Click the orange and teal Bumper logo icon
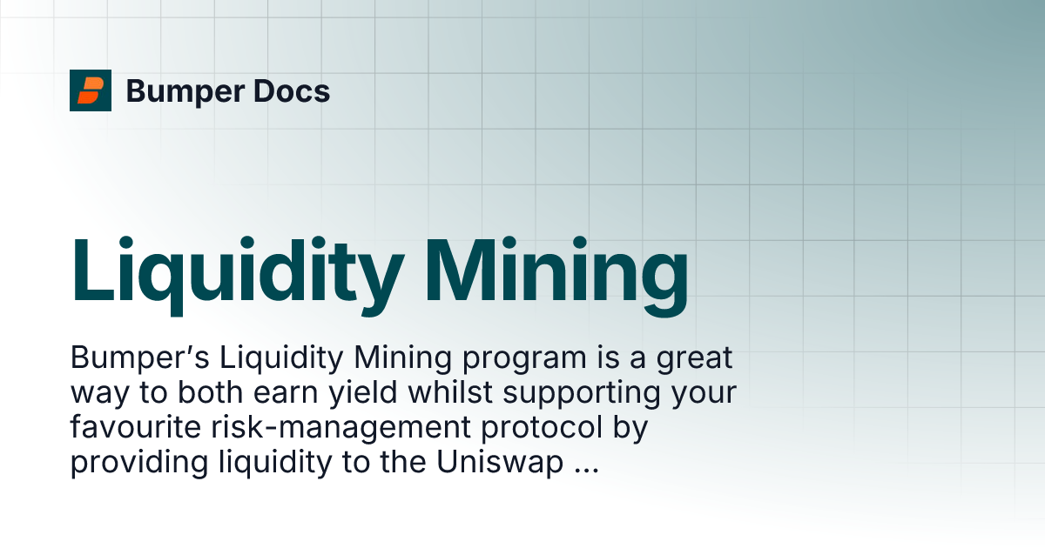point(91,90)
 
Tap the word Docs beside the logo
point(292,90)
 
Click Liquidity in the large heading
point(238,276)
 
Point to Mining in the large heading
point(556,276)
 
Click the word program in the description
point(524,359)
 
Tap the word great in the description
point(695,359)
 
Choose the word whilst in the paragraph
point(450,392)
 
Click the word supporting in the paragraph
point(582,394)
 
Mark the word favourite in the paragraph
point(136,427)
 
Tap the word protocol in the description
point(542,429)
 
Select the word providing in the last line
point(139,464)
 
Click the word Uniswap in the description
point(500,464)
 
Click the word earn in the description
point(285,394)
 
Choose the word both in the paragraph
point(211,392)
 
